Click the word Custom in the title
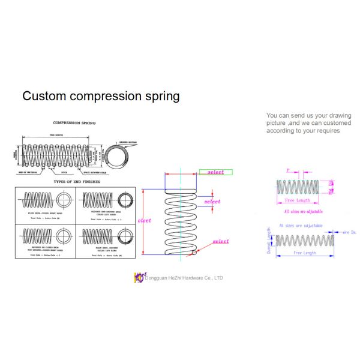click(x=44, y=96)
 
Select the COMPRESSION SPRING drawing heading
click(x=74, y=123)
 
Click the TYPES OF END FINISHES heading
click(x=77, y=181)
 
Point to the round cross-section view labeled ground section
click(x=121, y=154)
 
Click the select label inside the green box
click(x=215, y=172)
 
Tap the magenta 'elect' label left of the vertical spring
click(x=145, y=220)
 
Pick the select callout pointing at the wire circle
click(x=220, y=241)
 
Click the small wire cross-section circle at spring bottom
click(x=194, y=253)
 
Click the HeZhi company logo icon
click(x=139, y=277)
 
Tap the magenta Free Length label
click(x=297, y=200)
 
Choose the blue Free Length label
click(x=304, y=253)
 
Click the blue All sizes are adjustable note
click(x=301, y=226)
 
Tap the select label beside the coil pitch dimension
click(x=212, y=202)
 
